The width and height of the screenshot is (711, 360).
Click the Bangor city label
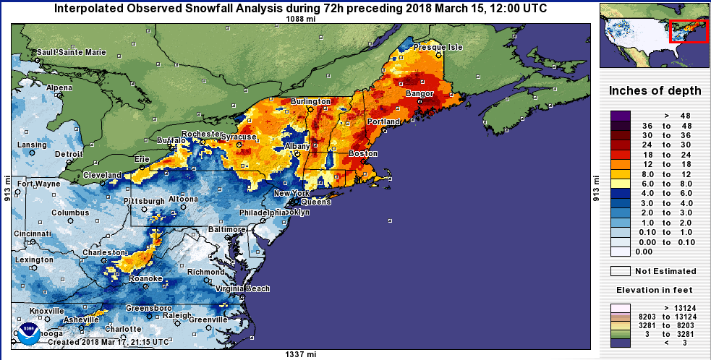click(x=420, y=94)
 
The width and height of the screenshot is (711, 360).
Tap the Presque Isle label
click(x=438, y=47)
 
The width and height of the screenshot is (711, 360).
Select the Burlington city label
click(x=310, y=102)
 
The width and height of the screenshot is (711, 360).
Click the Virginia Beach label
click(x=242, y=288)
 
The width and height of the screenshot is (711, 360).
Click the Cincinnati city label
click(x=32, y=234)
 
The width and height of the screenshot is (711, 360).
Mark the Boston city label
click(x=363, y=153)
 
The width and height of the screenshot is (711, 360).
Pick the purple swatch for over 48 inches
click(x=622, y=115)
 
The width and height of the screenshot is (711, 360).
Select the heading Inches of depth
click(x=655, y=91)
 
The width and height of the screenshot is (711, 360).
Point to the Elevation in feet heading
click(x=654, y=289)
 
